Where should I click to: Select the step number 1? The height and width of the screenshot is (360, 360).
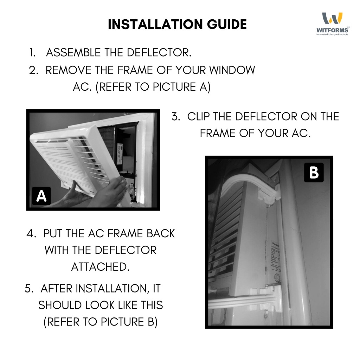tap(33, 53)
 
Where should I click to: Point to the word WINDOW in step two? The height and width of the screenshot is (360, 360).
tap(232, 70)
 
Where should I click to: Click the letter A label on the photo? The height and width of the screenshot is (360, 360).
tap(41, 196)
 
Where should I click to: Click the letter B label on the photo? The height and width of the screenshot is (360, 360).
tap(314, 173)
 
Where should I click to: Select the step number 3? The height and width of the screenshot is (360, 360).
tap(175, 116)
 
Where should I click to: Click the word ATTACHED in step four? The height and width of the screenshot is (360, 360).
tap(101, 267)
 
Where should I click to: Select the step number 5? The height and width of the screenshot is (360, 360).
tap(29, 289)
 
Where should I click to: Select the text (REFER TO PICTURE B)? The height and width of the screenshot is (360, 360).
tap(101, 322)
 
